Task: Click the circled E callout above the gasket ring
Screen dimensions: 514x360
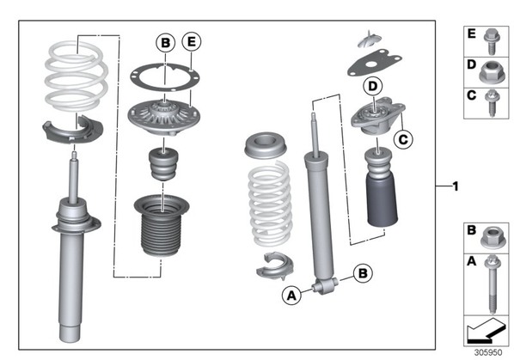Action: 192,41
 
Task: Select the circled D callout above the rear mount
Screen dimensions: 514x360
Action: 373,86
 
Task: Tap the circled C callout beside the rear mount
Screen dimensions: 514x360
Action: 403,139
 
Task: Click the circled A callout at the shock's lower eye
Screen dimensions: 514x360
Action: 291,296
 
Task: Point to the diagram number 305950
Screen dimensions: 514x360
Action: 488,352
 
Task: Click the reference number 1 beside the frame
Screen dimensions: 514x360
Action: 456,186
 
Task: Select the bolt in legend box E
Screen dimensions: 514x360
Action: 492,41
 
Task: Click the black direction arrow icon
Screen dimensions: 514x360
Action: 486,332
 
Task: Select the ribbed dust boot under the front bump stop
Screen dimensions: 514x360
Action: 162,225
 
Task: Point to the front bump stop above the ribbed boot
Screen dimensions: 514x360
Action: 163,164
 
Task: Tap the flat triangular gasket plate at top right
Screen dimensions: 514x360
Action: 375,64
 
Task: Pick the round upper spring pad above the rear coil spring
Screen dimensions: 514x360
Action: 266,145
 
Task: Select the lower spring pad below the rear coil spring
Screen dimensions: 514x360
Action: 275,266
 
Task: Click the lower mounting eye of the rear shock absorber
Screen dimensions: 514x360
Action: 326,285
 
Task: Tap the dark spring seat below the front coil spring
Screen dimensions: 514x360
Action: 72,130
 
